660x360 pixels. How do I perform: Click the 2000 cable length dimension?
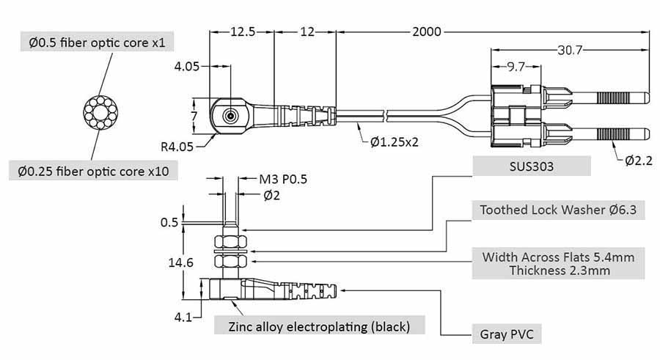[426, 32]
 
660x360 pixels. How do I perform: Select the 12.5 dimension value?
[243, 32]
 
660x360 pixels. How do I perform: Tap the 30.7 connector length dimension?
[570, 50]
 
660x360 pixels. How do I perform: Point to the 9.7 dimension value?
[516, 67]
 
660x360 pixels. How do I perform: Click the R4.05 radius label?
[177, 147]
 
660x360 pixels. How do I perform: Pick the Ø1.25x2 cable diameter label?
[395, 142]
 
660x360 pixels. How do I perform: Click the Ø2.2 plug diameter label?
[639, 161]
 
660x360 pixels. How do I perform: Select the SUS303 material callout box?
[531, 166]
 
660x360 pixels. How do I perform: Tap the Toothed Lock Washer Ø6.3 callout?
[558, 210]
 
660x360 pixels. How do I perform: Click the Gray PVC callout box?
[507, 334]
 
